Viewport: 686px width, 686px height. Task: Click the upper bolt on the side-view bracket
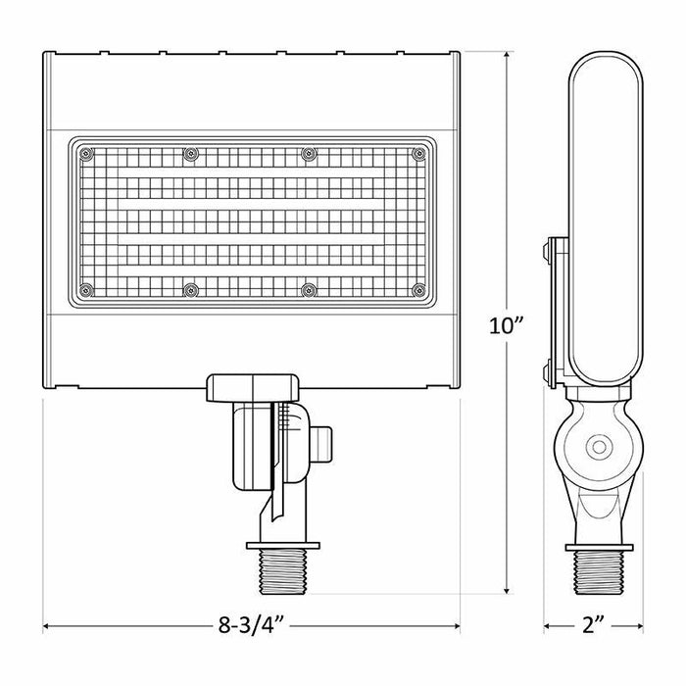tap(545, 256)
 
